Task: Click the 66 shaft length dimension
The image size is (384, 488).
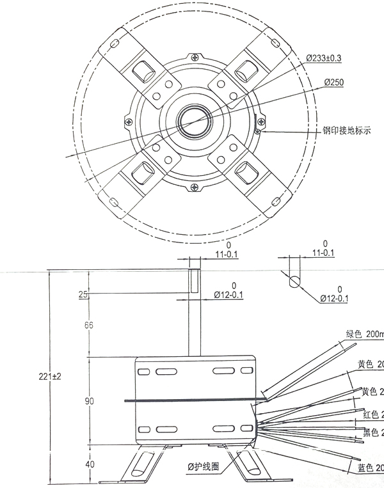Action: (89, 326)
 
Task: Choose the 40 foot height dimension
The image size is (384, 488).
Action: (89, 464)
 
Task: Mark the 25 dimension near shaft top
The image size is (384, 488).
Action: (83, 294)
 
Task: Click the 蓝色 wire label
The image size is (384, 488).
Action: (367, 469)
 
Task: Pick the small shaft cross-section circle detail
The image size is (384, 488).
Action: (295, 281)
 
